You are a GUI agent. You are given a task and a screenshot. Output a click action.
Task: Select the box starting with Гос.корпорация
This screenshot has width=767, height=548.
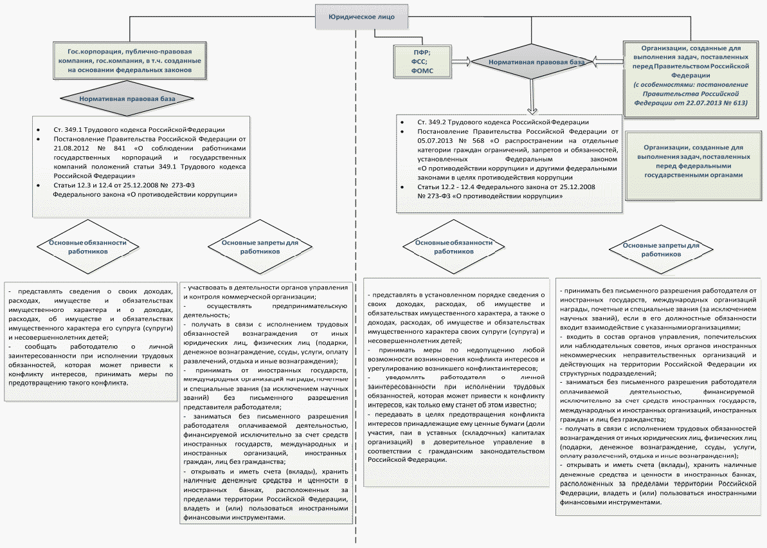pyautogui.click(x=130, y=60)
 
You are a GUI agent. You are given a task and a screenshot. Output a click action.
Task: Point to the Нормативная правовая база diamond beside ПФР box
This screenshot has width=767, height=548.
pyautogui.click(x=528, y=63)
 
